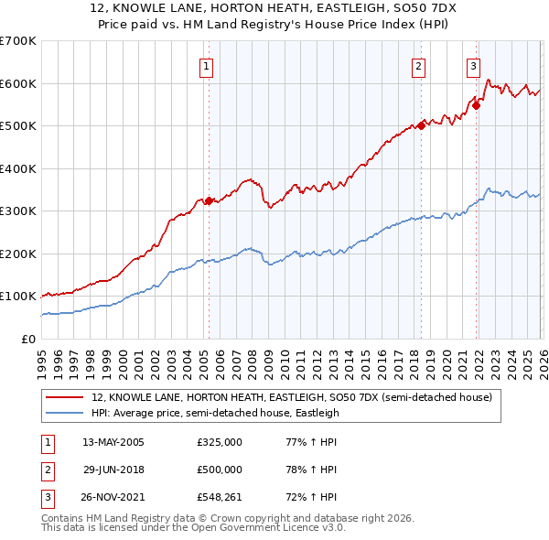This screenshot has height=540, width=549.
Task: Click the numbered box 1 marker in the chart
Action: click(207, 66)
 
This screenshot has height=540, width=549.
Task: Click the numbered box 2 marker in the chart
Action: click(418, 66)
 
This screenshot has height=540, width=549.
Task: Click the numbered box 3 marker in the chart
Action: click(473, 66)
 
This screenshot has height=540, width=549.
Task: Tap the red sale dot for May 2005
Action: click(209, 200)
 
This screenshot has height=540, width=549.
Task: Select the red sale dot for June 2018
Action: click(421, 125)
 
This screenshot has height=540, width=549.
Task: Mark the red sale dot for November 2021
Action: click(477, 105)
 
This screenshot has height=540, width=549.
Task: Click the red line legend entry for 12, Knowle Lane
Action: click(292, 398)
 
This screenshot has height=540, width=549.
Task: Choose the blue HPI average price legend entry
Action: click(215, 414)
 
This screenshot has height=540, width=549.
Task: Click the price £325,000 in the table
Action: click(219, 442)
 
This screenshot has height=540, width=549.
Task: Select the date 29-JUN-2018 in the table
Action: click(113, 470)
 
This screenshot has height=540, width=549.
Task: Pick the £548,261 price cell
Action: click(219, 497)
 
